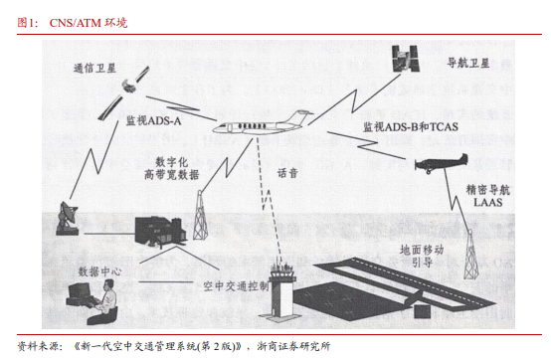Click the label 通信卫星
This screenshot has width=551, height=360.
(94, 68)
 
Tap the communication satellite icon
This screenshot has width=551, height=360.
(123, 92)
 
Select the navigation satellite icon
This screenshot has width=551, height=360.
(405, 59)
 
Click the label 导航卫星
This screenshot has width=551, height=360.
(468, 64)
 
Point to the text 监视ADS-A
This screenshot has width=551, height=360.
(153, 120)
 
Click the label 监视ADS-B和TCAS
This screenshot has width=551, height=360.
(411, 126)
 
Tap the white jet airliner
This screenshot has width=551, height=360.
(263, 123)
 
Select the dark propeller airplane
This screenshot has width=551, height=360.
(442, 163)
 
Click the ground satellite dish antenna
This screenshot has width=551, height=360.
(67, 218)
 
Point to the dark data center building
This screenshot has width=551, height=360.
(160, 232)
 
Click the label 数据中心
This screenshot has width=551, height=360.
(99, 271)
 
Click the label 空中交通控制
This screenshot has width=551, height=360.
(236, 286)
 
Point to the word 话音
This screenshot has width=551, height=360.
(287, 173)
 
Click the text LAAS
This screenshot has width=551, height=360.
(488, 202)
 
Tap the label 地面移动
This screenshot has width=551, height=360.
(422, 250)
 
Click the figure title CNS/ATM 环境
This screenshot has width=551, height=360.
(89, 23)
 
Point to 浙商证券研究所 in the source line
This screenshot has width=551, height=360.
(293, 347)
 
